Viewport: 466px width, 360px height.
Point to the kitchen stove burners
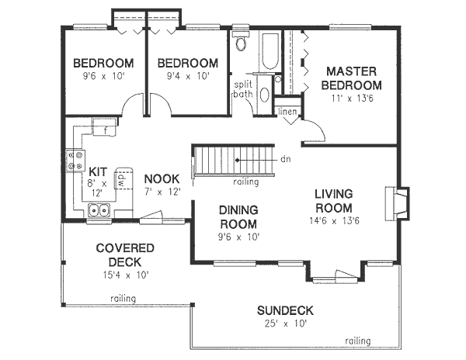[x=76, y=161]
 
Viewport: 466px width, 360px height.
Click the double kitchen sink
[x=99, y=209]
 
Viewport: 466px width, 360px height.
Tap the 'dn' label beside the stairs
[x=285, y=159]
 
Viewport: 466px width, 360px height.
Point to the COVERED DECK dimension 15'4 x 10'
[x=124, y=275]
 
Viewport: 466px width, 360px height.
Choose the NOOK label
[x=162, y=178]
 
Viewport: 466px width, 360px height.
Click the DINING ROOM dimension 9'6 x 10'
[x=238, y=236]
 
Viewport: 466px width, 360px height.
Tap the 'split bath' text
[x=245, y=89]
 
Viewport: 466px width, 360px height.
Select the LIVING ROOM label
[x=334, y=201]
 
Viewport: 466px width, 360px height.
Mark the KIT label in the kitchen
[x=98, y=171]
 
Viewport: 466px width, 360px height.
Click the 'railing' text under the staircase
[x=246, y=184]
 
